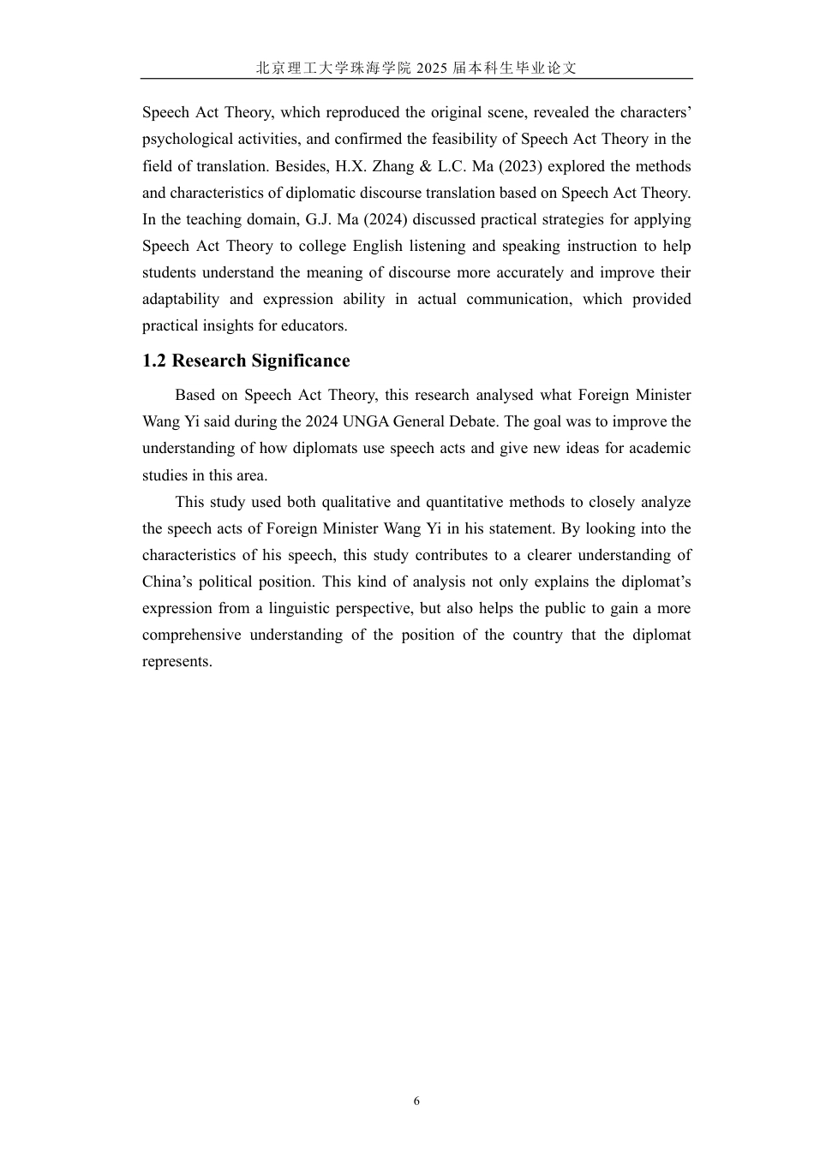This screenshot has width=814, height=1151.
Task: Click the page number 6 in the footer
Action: click(416, 1101)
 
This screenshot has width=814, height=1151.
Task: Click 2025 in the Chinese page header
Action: click(432, 69)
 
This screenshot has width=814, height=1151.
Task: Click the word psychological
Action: click(186, 140)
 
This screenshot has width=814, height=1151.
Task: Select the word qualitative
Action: click(356, 502)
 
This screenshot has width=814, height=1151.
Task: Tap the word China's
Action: click(166, 581)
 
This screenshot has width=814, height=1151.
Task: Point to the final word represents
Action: click(177, 662)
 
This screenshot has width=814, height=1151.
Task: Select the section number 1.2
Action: click(154, 361)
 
